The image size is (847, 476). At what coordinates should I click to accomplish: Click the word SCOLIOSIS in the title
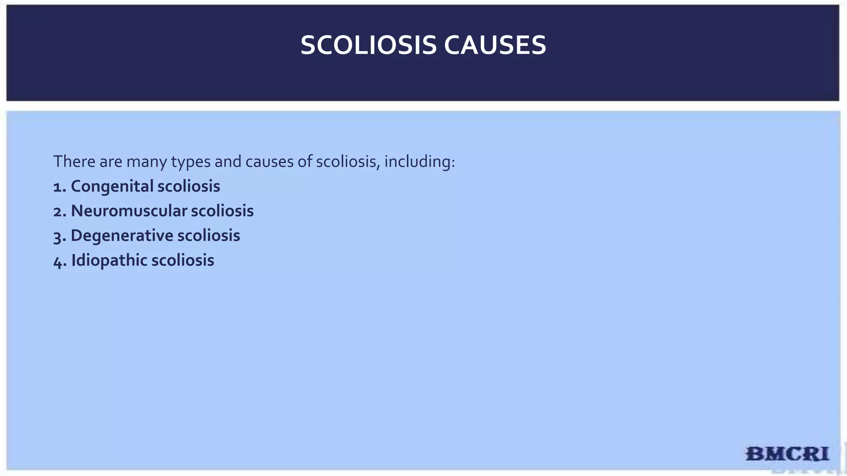click(x=368, y=45)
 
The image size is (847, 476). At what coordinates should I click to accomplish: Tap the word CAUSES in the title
click(x=495, y=45)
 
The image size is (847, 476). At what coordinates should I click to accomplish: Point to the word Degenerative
click(x=122, y=236)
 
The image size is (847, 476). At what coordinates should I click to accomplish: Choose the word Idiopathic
click(x=109, y=261)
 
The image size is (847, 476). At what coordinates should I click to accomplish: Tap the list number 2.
click(x=59, y=212)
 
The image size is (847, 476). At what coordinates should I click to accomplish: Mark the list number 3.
click(x=59, y=237)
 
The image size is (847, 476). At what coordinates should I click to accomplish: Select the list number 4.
click(x=59, y=262)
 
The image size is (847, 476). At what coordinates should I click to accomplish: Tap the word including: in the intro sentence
click(x=419, y=162)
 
